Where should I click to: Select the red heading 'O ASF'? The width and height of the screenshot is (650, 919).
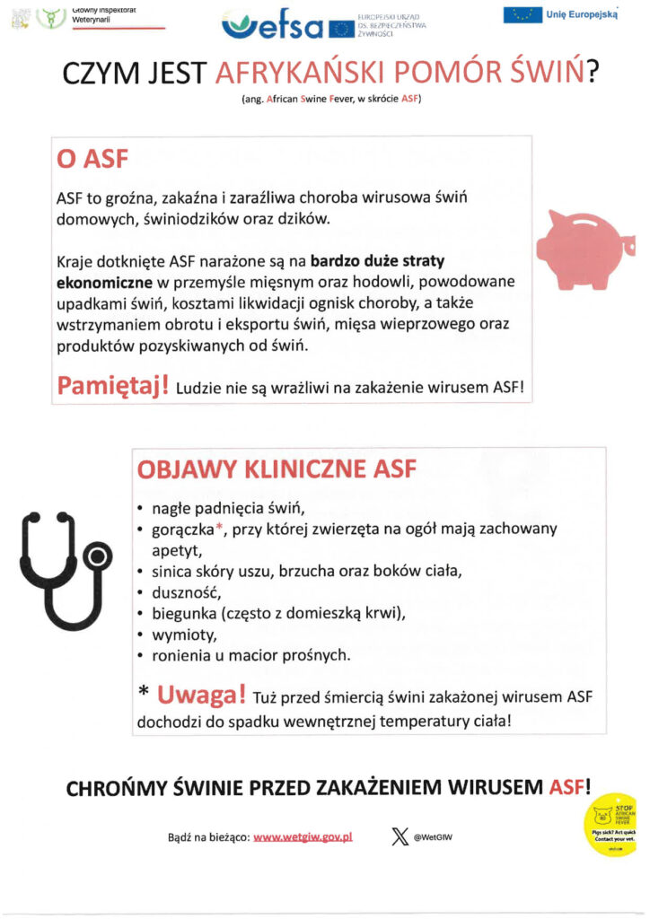pyautogui.click(x=93, y=162)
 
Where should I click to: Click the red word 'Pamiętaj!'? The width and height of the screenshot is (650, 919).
pyautogui.click(x=113, y=386)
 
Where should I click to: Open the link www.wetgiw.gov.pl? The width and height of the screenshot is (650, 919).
pyautogui.click(x=303, y=836)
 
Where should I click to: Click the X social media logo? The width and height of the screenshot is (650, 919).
pyautogui.click(x=400, y=836)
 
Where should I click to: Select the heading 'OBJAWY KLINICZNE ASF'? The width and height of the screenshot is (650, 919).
pyautogui.click(x=276, y=468)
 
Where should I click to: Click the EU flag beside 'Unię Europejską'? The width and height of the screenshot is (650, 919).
pyautogui.click(x=522, y=14)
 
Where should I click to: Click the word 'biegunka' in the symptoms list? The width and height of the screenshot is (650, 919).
pyautogui.click(x=183, y=614)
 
